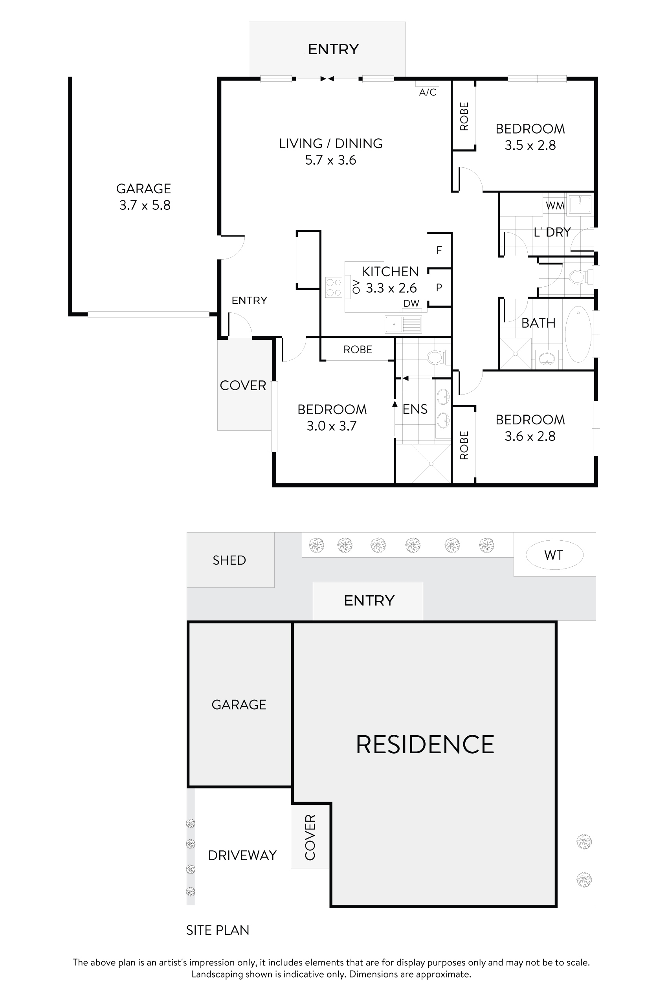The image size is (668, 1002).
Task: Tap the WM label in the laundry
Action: point(555,206)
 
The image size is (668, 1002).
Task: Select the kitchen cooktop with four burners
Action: point(334,287)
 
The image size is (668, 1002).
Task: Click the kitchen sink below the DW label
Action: point(403,324)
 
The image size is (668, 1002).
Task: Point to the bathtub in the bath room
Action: point(578,334)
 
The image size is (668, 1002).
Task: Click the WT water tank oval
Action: point(554,555)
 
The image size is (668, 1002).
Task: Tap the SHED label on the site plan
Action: point(229,560)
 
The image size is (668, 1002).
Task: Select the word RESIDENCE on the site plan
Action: point(425,745)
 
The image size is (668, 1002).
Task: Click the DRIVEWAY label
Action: point(242,855)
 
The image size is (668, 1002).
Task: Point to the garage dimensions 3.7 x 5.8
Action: point(145,206)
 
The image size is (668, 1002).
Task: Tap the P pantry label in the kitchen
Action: point(439,288)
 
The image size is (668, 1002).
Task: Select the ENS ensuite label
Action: point(415,409)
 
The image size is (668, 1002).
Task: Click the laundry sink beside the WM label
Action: point(580,204)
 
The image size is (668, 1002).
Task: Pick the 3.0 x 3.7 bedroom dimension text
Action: point(331,426)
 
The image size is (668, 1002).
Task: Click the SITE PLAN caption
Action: point(218,930)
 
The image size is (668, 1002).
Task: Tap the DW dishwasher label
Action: point(411,304)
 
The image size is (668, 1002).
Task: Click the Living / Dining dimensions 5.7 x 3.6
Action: point(330,160)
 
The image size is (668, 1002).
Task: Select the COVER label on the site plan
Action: point(310,838)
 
